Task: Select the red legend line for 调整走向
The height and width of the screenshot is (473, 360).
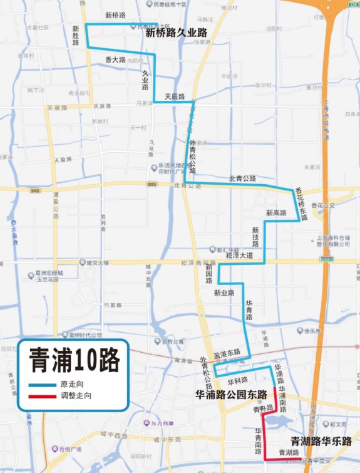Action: click(42, 396)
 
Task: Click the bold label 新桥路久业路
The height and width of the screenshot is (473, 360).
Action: click(176, 33)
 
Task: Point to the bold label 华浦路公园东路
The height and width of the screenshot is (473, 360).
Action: click(231, 395)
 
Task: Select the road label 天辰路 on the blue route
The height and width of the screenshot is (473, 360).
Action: click(175, 96)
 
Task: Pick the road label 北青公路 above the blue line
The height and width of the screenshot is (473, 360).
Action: click(242, 179)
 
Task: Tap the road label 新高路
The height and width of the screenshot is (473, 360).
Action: click(276, 213)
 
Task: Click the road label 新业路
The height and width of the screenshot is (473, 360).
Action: click(224, 293)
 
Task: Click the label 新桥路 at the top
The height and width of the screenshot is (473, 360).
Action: click(115, 14)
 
